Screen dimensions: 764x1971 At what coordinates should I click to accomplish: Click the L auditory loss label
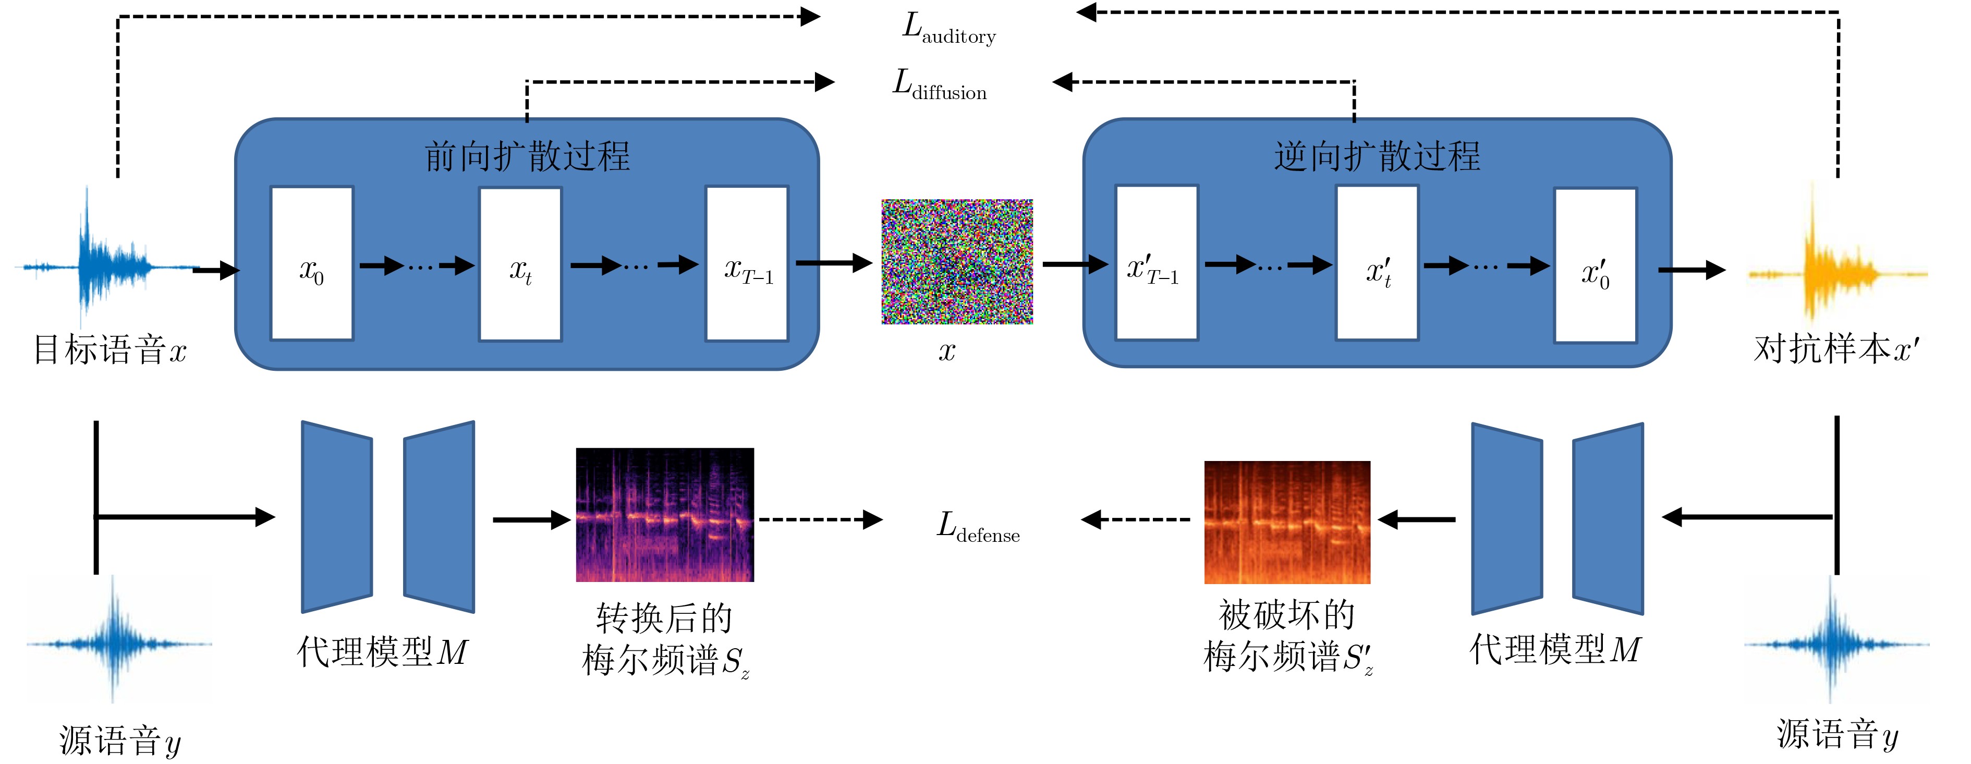pos(949,30)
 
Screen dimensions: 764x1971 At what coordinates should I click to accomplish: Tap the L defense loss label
pos(978,527)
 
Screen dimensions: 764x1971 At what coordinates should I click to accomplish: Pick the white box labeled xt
pos(520,263)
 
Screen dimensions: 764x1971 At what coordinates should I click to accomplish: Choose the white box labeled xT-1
pos(747,263)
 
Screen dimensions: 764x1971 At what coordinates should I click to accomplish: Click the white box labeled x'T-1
pos(1156,263)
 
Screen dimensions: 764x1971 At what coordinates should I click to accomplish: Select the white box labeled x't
pos(1377,263)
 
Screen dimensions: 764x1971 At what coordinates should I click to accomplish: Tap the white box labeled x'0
pos(1596,265)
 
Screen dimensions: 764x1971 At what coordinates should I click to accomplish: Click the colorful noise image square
pos(957,262)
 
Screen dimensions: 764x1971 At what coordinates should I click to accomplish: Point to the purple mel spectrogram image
pos(665,514)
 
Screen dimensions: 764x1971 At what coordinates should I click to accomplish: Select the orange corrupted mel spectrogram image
pos(1287,522)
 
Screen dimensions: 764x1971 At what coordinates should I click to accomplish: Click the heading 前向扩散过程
pos(527,157)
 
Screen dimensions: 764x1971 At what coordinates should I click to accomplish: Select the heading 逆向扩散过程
pos(1377,157)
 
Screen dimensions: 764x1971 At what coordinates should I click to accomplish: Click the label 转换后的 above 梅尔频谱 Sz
pos(664,617)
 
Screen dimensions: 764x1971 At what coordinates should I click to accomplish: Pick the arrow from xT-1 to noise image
pos(834,263)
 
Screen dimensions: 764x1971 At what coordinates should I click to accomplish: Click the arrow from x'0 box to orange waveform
pos(1691,270)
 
